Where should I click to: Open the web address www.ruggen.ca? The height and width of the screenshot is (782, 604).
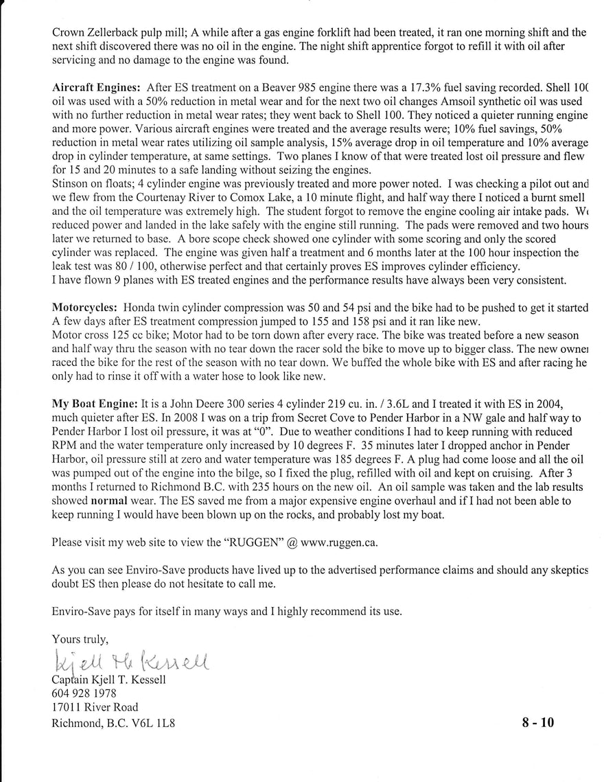(338, 542)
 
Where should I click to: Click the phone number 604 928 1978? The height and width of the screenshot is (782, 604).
(84, 693)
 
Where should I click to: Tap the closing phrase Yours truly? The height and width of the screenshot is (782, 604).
(80, 639)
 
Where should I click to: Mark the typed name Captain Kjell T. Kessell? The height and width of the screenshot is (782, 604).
(108, 680)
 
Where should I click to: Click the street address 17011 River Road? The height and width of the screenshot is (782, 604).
(95, 707)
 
